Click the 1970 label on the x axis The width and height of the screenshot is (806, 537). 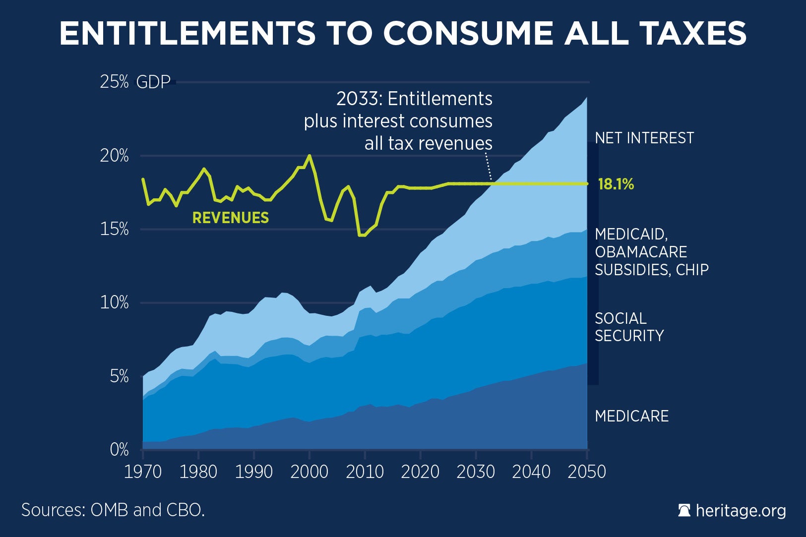point(143,472)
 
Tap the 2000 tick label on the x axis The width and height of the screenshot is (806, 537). point(310,472)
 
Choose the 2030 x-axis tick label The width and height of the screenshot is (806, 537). point(476,472)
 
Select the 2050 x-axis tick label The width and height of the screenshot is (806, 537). point(587,472)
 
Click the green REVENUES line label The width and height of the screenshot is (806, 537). point(231,218)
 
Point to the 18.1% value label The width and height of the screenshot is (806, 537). point(616,184)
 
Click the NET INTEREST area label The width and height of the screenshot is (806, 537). point(644,138)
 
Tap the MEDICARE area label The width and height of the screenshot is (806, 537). point(631,416)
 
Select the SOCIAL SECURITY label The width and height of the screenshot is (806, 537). point(629,327)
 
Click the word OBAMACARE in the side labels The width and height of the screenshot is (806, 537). point(641,252)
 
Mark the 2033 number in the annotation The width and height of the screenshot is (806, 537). point(357,99)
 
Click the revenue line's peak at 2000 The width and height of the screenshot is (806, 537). point(310,156)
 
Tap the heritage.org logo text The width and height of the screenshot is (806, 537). point(741,510)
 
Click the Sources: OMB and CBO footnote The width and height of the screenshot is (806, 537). point(113,510)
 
